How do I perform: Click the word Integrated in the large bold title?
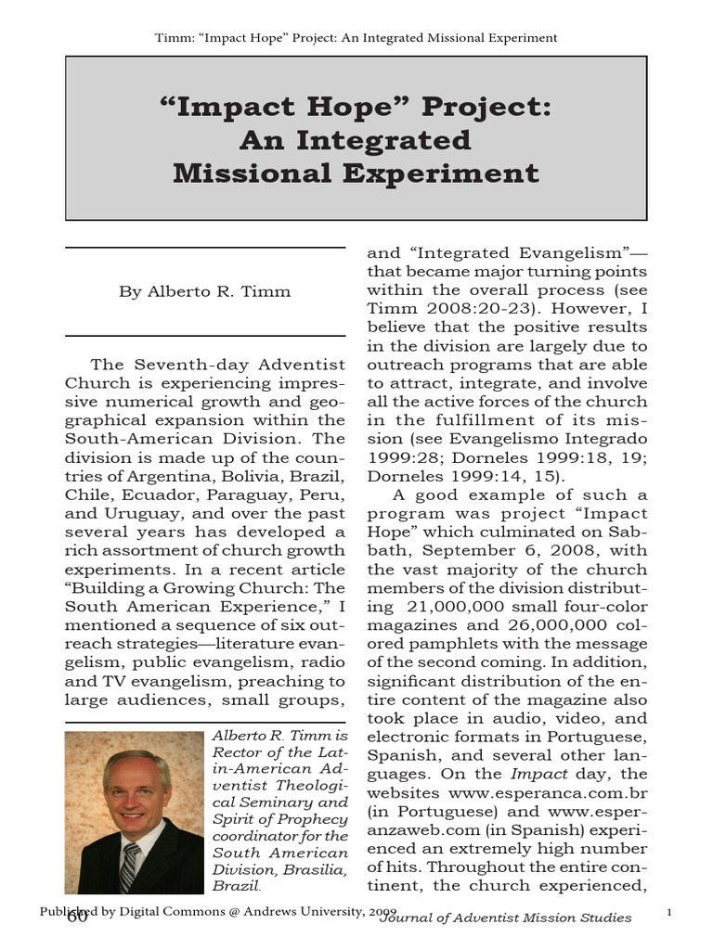(396, 139)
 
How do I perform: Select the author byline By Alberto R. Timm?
(204, 291)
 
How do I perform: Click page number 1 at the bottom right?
(669, 915)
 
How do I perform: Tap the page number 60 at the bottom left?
(77, 918)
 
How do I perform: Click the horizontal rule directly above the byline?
(204, 248)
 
